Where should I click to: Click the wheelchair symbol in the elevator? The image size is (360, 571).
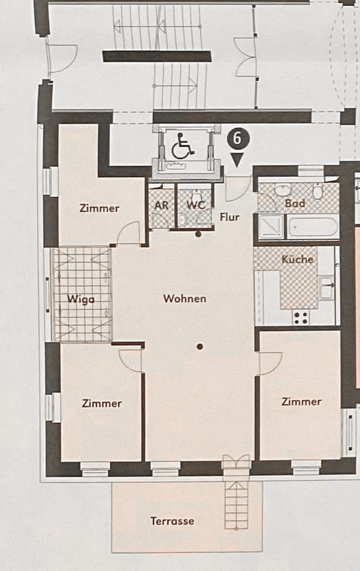point(181,146)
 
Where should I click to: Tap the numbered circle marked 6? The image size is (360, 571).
point(237,139)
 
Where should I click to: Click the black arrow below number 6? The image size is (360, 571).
point(237,160)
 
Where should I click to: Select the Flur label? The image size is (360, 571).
point(230,217)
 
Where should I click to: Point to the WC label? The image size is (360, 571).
point(196,205)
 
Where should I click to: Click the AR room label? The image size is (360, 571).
point(161,205)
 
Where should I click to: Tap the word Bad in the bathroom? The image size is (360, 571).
point(295,203)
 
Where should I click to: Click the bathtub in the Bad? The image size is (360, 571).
point(313,227)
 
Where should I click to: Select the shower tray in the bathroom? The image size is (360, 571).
point(271,227)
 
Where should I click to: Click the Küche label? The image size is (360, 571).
point(298,259)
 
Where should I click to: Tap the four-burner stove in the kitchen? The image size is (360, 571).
point(301,317)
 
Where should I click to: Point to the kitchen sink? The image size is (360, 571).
point(326,288)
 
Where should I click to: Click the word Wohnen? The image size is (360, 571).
point(184,299)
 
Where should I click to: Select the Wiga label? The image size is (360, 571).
point(81,300)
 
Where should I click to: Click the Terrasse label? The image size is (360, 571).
point(173,521)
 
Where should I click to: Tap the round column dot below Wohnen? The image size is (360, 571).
point(199,346)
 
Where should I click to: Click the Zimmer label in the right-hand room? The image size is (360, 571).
point(301,401)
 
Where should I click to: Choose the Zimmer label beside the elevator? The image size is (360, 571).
point(100,208)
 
